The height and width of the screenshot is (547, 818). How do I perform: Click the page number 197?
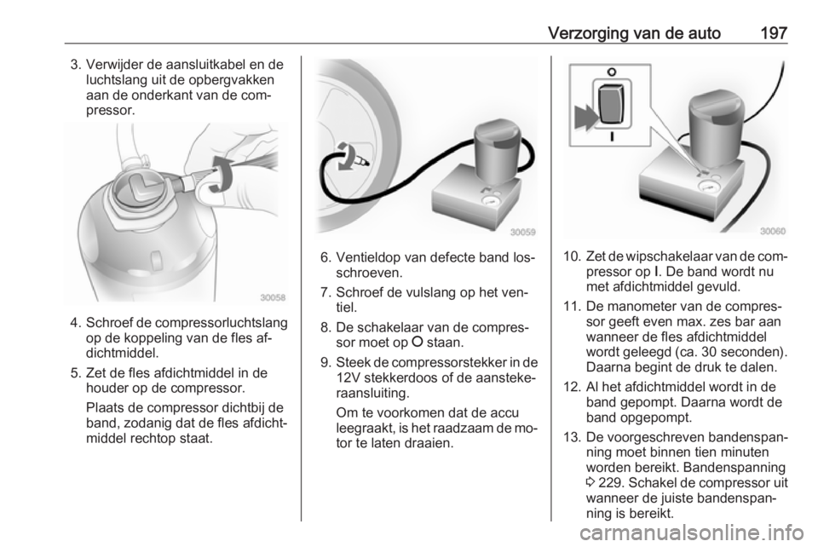pos(773,33)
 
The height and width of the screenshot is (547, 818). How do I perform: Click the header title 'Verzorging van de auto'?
pos(634,34)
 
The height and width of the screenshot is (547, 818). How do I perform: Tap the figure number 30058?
pos(274,297)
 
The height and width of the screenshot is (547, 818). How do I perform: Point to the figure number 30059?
pos(522,233)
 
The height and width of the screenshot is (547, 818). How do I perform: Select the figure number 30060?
pos(773,231)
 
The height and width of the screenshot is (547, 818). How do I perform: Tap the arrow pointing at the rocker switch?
pos(585,116)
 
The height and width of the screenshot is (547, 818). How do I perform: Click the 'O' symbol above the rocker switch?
pos(612,72)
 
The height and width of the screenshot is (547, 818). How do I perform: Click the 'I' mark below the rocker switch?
pos(612,136)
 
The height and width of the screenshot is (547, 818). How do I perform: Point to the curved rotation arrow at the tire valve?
pos(344,157)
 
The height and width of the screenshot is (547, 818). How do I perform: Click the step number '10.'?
pos(573,256)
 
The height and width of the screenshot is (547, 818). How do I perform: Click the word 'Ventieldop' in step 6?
pos(369,258)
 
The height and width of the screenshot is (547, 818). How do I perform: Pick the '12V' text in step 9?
pos(349,377)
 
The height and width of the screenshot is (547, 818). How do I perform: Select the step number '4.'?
pos(75,323)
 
